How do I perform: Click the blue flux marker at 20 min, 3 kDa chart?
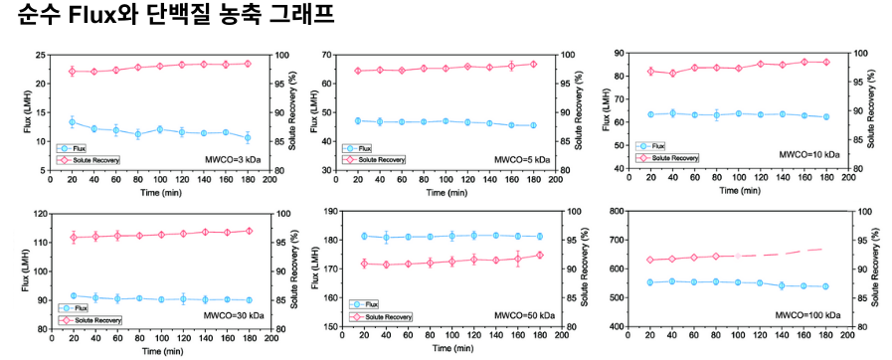72,122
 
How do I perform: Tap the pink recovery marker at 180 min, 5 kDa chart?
533,65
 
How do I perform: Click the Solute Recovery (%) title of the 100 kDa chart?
877,268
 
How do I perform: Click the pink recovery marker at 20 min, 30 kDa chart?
72,237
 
